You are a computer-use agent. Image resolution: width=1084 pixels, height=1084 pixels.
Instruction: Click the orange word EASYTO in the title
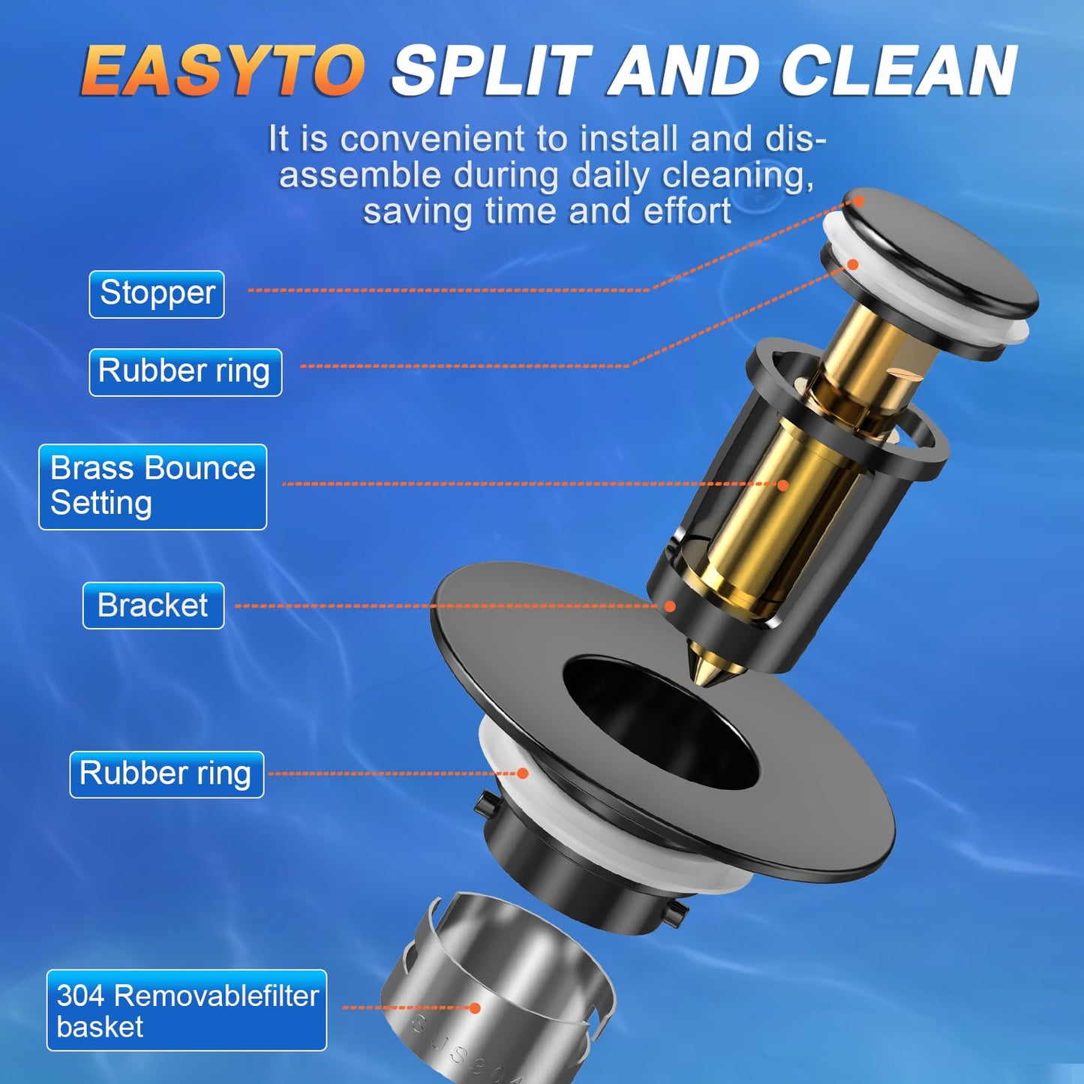(x=222, y=71)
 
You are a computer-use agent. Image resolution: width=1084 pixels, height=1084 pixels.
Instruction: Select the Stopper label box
(x=157, y=294)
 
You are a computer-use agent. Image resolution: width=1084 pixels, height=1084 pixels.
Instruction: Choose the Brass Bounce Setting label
(x=153, y=486)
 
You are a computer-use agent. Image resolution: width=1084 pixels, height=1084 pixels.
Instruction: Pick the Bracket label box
(x=153, y=605)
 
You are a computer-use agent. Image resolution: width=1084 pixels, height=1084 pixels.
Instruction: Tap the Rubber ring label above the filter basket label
(x=167, y=774)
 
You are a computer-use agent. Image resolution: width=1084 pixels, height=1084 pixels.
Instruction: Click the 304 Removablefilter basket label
(x=187, y=1010)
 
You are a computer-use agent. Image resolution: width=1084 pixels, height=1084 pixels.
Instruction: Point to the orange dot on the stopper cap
(x=859, y=201)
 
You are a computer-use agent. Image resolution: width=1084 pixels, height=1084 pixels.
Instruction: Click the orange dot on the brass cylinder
(x=783, y=485)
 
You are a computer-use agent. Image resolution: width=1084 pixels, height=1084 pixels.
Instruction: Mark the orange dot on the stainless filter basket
(x=474, y=1008)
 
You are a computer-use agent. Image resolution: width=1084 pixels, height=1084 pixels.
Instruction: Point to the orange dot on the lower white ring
(x=523, y=773)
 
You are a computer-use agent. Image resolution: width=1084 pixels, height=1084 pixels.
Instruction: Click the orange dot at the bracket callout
(x=670, y=606)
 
